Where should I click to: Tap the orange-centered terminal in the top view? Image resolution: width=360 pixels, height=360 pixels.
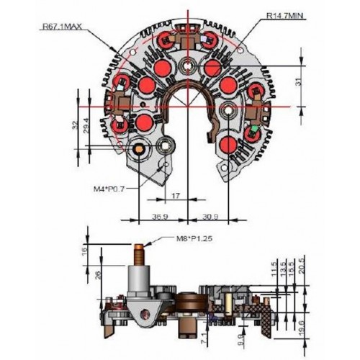(140, 150)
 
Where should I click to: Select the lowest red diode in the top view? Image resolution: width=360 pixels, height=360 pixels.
(229, 145)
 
